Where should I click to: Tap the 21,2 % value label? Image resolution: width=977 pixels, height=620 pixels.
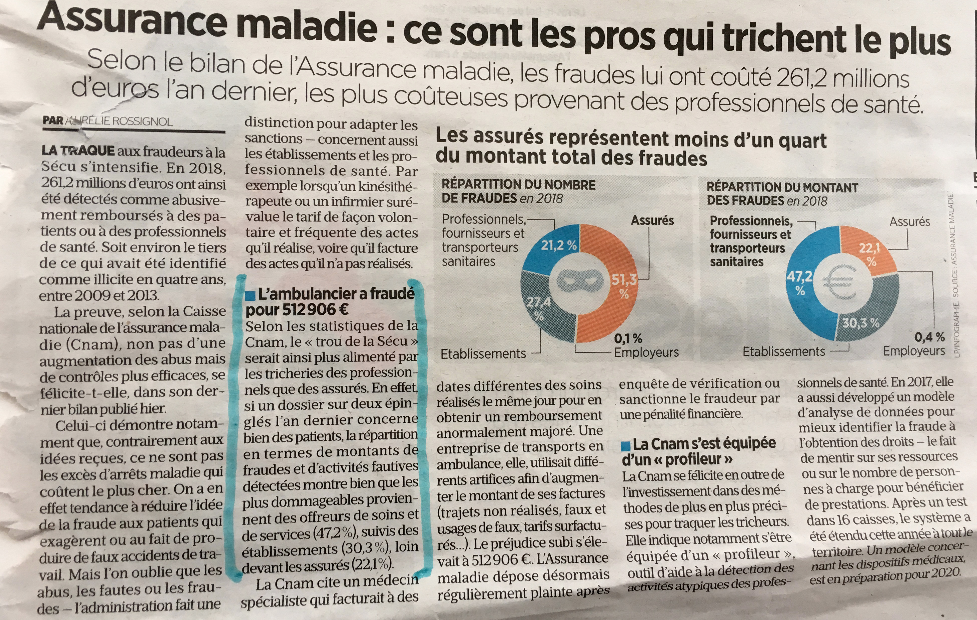click(559, 245)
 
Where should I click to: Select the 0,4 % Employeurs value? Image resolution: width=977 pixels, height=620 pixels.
click(929, 337)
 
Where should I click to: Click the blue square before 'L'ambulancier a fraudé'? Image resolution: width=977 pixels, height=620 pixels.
click(250, 295)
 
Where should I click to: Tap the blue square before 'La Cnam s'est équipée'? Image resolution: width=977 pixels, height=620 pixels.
click(626, 446)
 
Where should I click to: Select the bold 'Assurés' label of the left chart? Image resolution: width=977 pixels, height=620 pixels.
click(652, 220)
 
